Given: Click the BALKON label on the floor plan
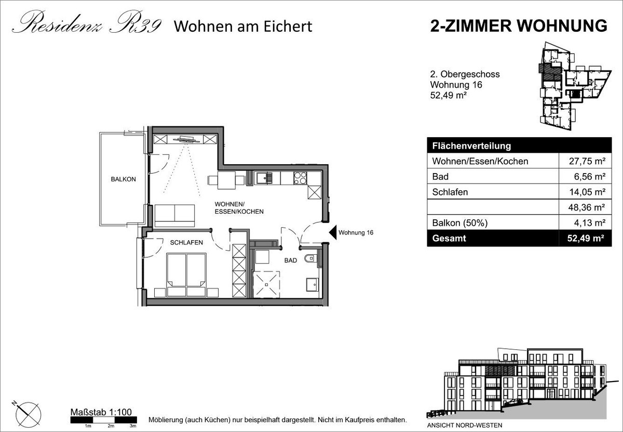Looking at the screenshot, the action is coord(123,179).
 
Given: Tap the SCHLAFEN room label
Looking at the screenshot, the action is coord(186,243).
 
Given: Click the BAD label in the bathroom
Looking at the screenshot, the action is coord(291,260).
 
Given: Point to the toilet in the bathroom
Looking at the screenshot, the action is coord(310,259).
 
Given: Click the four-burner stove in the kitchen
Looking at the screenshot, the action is coord(301,178).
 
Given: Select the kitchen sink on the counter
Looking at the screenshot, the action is coord(264,178).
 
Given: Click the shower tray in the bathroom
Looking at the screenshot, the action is coord(266,284).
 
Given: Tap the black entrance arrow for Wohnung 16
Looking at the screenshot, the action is coord(333,232).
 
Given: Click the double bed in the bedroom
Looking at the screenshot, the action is coord(186,275).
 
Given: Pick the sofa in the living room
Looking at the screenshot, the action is coord(174,216).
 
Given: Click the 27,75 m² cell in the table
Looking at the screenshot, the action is coord(587,161).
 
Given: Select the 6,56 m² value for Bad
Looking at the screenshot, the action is coord(590,177).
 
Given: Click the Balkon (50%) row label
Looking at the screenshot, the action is coord(460,223).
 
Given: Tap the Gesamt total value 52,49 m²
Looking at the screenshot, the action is coord(586,239).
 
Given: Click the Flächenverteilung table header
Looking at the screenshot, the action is coord(471,146).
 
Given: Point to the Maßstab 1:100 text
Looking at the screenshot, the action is coord(101,412).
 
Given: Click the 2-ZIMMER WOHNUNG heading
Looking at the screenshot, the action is coord(519,26).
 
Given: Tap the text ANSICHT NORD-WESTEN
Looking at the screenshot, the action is coord(465,425).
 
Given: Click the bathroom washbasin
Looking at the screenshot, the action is coord(313,284).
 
